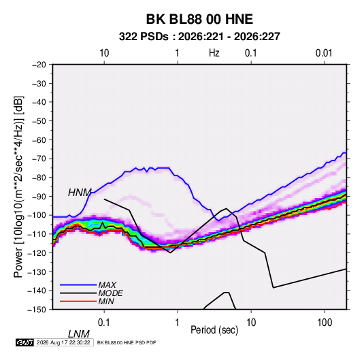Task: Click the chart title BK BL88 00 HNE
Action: (x=199, y=19)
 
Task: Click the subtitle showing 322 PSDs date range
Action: (x=199, y=37)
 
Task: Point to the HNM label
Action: (x=80, y=193)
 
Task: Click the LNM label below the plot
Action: (x=78, y=334)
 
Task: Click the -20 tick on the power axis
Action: (x=39, y=65)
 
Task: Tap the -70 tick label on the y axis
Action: (x=39, y=159)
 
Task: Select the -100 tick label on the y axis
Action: (x=37, y=215)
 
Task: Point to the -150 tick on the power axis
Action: (x=37, y=310)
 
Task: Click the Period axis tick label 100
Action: (x=325, y=323)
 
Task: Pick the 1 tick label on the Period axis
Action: (x=178, y=323)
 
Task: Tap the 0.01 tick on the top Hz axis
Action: (x=324, y=53)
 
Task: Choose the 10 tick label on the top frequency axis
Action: (x=104, y=53)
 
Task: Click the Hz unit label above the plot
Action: (x=214, y=53)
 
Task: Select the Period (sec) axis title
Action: (x=214, y=330)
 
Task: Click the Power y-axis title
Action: (x=18, y=187)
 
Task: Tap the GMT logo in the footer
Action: (x=25, y=342)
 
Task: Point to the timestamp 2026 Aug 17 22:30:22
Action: (x=63, y=342)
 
